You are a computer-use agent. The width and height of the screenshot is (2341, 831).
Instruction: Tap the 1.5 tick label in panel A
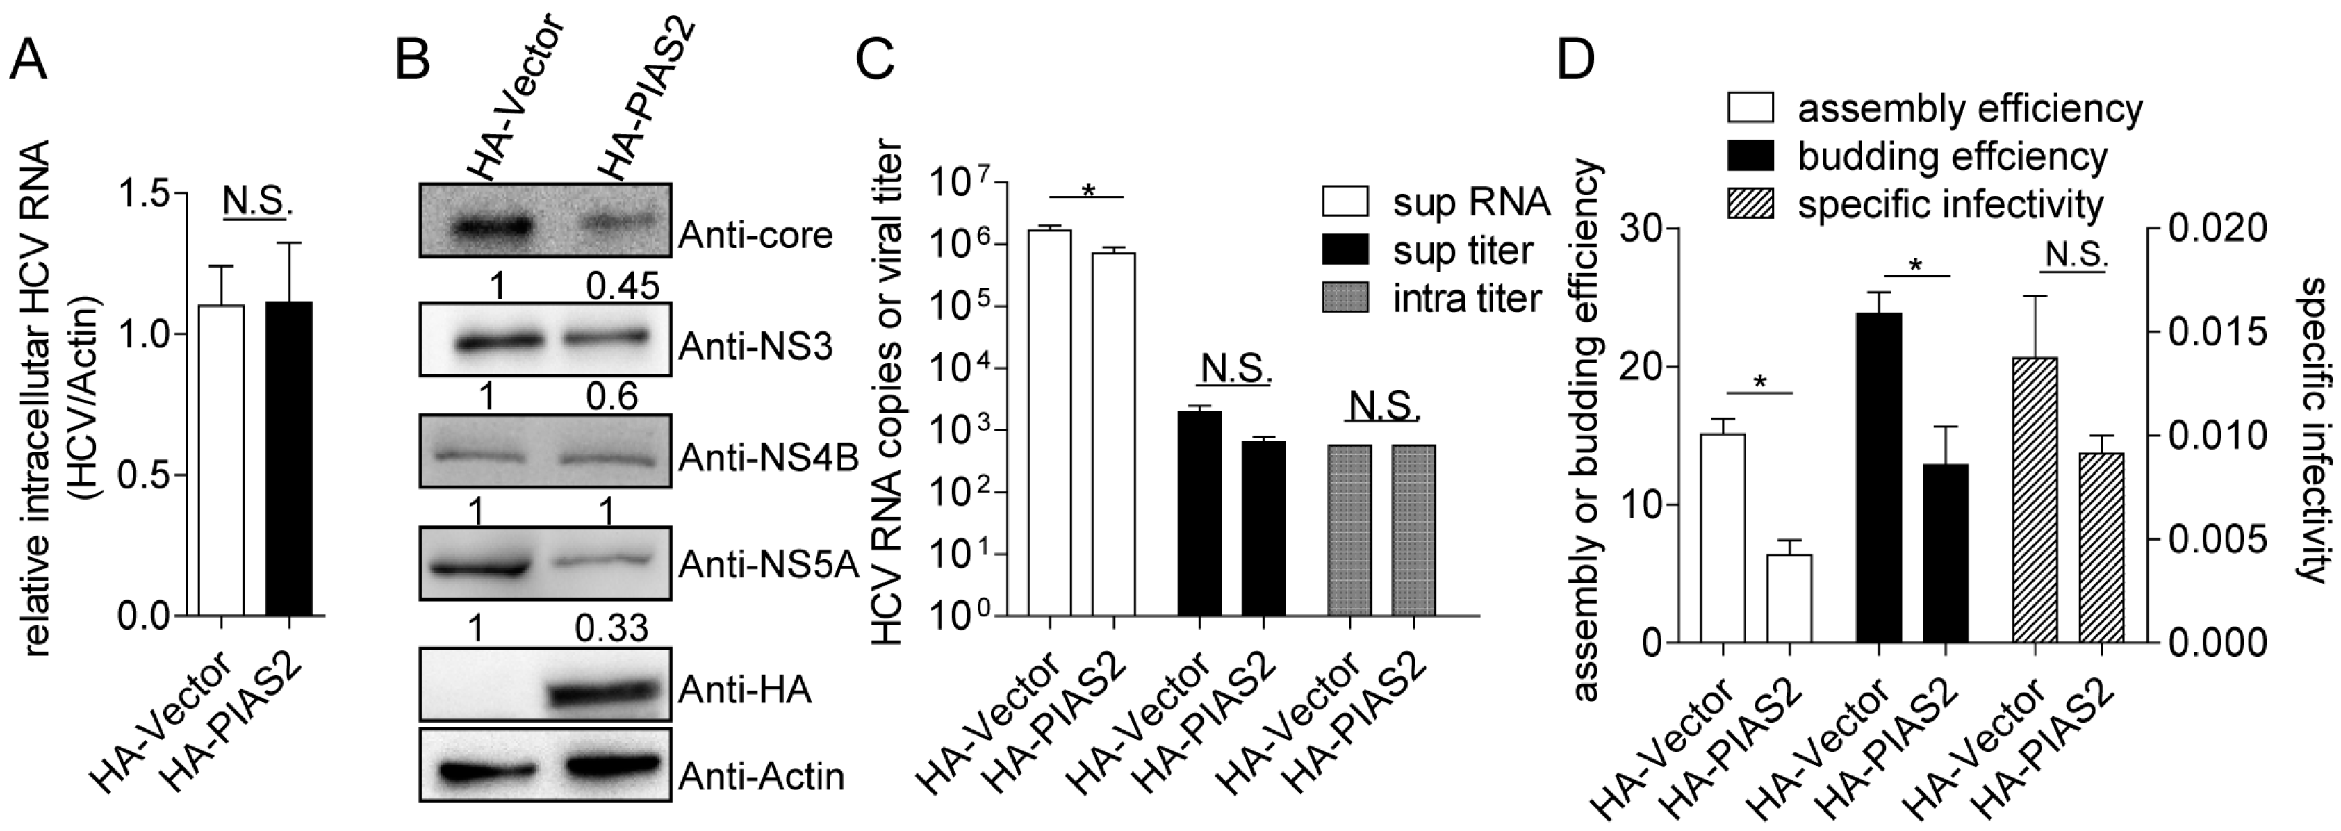149,195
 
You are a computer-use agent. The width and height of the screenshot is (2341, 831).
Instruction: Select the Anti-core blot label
755,236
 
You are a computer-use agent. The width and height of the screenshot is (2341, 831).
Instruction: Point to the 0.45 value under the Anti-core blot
622,287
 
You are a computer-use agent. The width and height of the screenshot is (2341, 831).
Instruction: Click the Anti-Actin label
762,775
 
